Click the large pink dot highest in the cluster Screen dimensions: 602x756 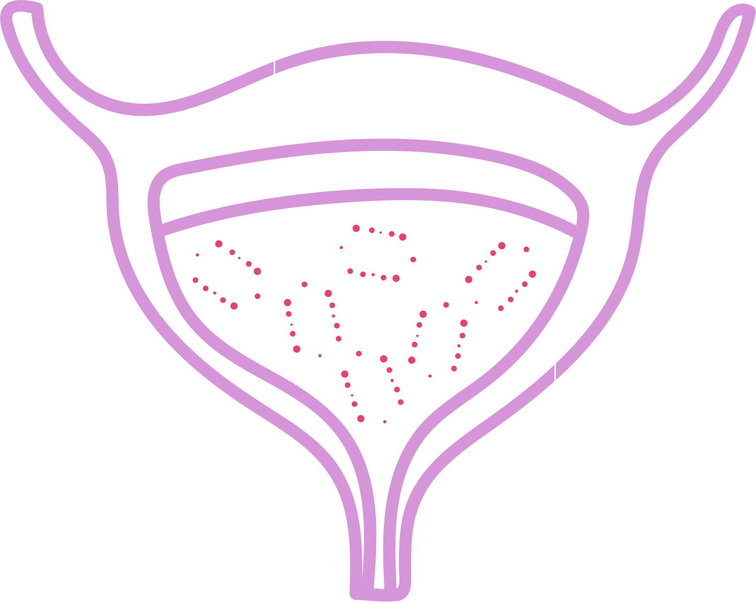[x=356, y=228]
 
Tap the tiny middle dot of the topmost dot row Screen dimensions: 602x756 [x=381, y=232]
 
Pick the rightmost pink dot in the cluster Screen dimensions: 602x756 [x=532, y=274]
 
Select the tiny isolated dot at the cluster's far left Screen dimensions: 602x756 [x=197, y=255]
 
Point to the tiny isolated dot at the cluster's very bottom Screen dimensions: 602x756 [x=384, y=422]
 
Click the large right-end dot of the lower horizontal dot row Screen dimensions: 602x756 [x=396, y=278]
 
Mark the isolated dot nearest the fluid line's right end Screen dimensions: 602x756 [x=526, y=249]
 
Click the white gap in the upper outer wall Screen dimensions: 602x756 [x=274, y=67]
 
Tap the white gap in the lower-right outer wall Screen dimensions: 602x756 [x=555, y=371]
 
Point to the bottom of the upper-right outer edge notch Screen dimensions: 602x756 [x=631, y=119]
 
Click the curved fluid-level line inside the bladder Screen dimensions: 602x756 [x=374, y=195]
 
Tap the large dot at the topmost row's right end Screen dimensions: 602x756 [x=403, y=237]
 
